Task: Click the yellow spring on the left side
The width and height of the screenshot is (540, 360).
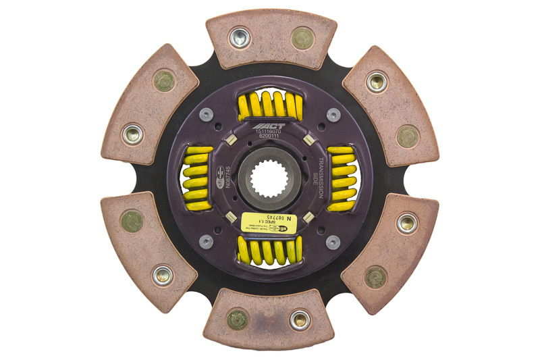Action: [x=198, y=179]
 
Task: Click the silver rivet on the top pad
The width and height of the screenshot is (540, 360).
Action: [x=239, y=37]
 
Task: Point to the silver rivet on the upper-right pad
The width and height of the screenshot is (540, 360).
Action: [x=376, y=82]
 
